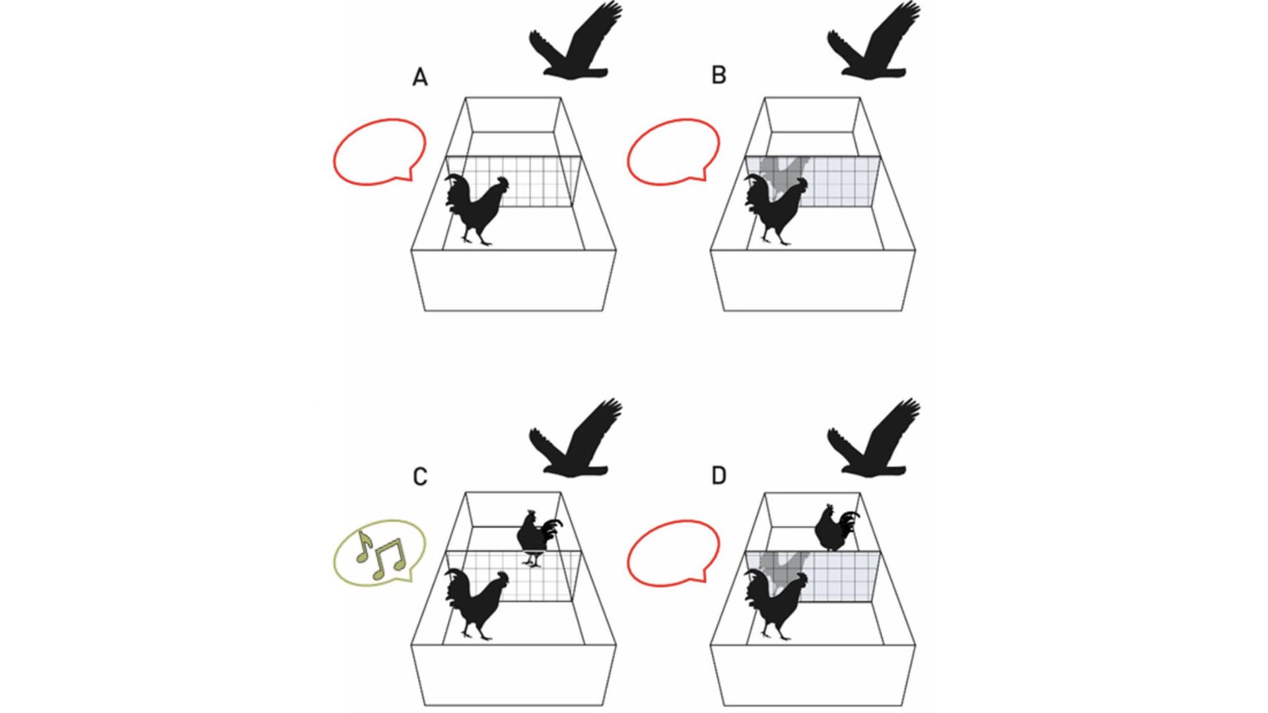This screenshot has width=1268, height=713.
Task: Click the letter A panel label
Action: pyautogui.click(x=420, y=77)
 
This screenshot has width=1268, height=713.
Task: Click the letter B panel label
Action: pyautogui.click(x=719, y=75)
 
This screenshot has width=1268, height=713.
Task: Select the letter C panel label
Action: pyautogui.click(x=420, y=477)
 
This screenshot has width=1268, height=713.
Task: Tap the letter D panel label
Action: pyautogui.click(x=719, y=475)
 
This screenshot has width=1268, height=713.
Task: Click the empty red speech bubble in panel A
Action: pyautogui.click(x=379, y=151)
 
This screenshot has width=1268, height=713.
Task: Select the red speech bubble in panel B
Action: pyautogui.click(x=672, y=151)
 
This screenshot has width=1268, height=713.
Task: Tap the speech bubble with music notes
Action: pyautogui.click(x=379, y=552)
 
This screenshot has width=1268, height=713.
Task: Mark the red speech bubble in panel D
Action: pyautogui.click(x=672, y=552)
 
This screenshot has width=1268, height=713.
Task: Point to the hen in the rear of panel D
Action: pyautogui.click(x=833, y=528)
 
